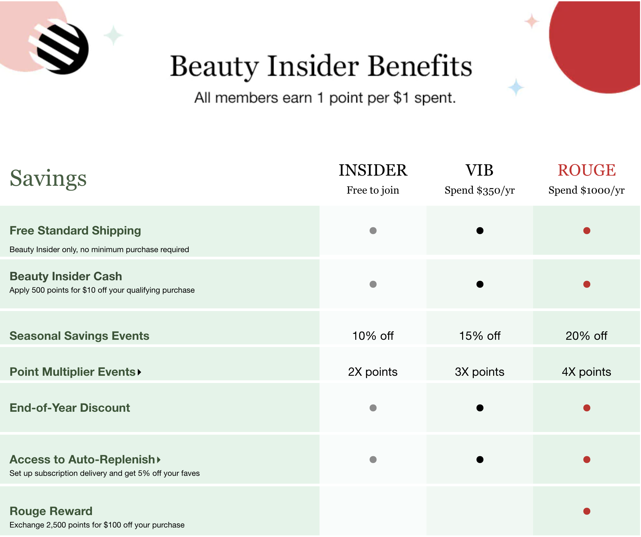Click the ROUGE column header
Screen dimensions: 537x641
click(586, 170)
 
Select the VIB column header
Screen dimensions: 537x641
click(479, 170)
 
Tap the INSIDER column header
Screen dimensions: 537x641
click(373, 170)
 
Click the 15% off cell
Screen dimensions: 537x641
click(479, 336)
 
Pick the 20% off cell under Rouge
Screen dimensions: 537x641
click(586, 336)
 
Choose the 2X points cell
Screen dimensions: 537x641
click(373, 372)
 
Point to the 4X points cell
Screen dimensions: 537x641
click(586, 372)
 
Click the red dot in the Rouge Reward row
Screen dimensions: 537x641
click(587, 511)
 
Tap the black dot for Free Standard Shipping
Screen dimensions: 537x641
click(480, 231)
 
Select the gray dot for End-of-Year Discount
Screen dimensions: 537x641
click(373, 408)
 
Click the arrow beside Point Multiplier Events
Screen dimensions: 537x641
click(140, 372)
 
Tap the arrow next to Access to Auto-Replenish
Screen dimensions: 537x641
click(159, 460)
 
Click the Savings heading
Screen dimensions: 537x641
click(48, 178)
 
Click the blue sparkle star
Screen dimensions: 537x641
click(516, 88)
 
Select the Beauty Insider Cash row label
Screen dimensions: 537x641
click(66, 276)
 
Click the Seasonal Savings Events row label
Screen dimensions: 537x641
click(79, 336)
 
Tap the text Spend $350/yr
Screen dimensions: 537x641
click(479, 190)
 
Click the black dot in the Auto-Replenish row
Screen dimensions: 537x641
click(480, 459)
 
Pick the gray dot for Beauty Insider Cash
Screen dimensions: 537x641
click(373, 284)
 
